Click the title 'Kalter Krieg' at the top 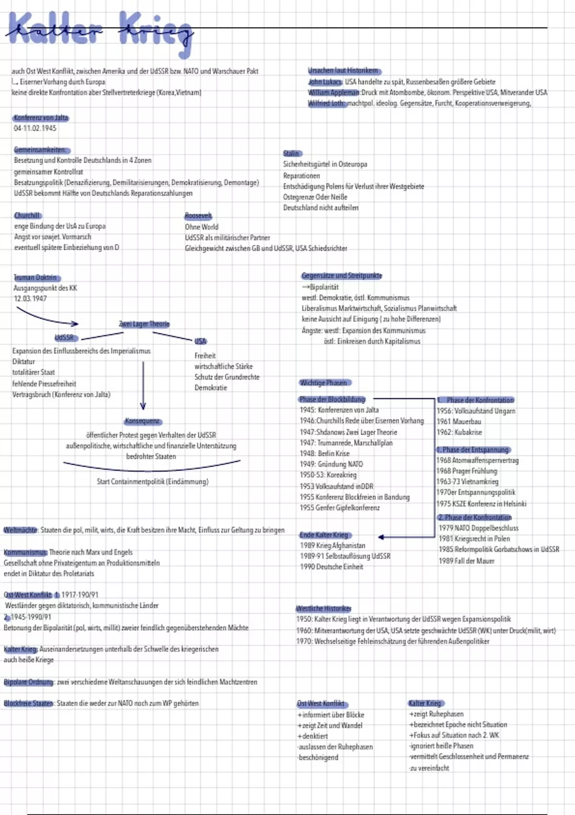pos(101,30)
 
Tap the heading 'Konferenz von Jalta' pos(41,117)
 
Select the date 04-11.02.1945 pos(35,128)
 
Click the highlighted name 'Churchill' pos(27,216)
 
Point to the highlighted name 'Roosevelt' pos(198,216)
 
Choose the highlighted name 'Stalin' pos(291,153)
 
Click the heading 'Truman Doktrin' pos(36,278)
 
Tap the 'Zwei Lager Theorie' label pos(144,324)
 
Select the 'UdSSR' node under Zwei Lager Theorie pos(65,337)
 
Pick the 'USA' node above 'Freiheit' pos(200,341)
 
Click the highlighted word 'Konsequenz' pos(142,421)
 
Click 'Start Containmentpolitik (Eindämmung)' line pos(152,481)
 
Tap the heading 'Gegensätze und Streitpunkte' pos(342,276)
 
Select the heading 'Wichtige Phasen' pos(323,383)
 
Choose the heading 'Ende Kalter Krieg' pos(324,535)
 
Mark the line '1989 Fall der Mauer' pos(466,560)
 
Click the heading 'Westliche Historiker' pos(323,608)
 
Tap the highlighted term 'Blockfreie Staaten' pos(28,703)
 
